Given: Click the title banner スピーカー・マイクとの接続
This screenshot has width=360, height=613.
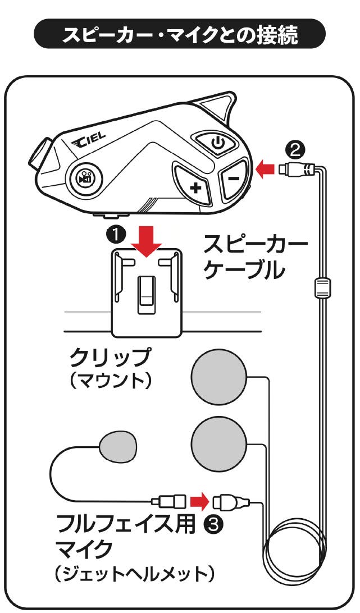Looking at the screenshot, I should (180, 35).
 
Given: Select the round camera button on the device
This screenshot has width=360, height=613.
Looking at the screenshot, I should (84, 179).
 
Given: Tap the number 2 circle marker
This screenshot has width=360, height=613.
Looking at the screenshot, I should (295, 149).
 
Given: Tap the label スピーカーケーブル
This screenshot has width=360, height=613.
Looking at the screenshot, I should (256, 259).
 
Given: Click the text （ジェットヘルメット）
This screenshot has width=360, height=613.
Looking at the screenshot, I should (135, 575).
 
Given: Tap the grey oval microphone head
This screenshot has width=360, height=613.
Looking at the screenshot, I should (117, 446).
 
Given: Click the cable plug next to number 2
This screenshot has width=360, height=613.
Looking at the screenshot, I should (300, 168).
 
